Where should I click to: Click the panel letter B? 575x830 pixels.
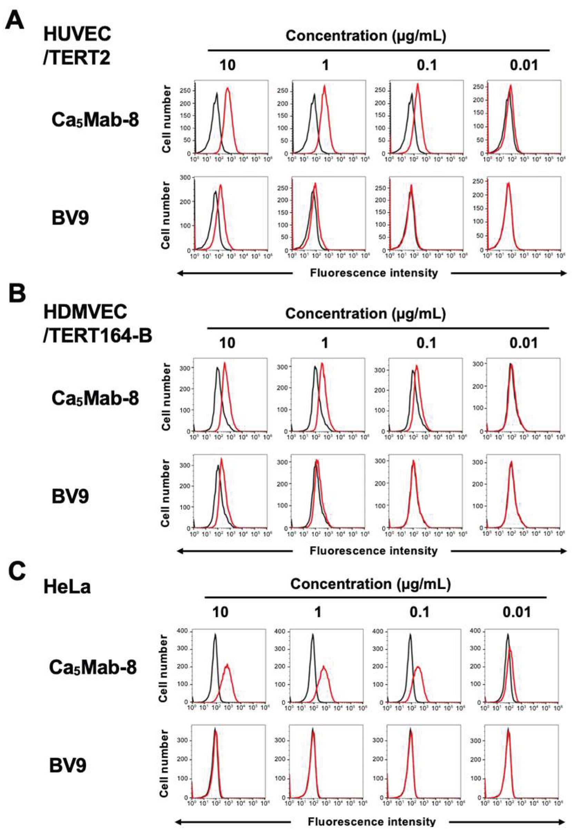coord(17,293)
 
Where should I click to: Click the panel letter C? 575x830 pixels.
coord(17,572)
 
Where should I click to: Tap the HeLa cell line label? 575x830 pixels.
coord(67,587)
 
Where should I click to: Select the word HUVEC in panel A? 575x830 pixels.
coord(77,35)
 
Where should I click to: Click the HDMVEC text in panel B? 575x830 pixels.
coord(85,312)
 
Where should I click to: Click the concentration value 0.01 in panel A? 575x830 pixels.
coord(524,65)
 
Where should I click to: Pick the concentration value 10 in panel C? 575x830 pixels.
coord(220,611)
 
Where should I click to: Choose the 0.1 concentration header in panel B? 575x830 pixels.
coord(426,343)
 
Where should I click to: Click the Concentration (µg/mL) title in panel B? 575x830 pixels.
coord(366,314)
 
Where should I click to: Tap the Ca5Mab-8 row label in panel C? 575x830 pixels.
coord(93,668)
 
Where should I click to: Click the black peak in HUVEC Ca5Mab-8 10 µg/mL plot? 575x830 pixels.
coord(217,93)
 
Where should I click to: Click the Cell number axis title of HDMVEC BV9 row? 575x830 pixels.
coord(165,493)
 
